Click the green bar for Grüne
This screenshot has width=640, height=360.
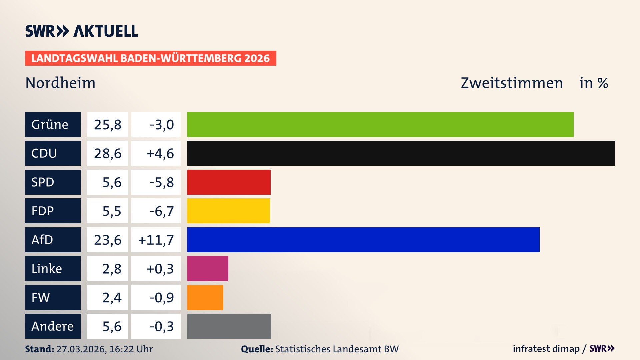click(x=380, y=124)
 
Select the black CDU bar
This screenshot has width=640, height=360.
click(x=401, y=153)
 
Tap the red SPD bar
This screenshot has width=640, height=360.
click(x=229, y=182)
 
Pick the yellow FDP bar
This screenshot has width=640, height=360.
click(x=228, y=211)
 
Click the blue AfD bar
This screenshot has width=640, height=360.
click(x=363, y=240)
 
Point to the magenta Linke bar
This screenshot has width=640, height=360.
click(x=207, y=268)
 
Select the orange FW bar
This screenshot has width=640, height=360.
click(x=205, y=297)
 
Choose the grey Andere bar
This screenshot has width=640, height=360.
click(x=229, y=326)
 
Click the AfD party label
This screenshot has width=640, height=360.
click(x=53, y=240)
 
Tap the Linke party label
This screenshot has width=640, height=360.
click(x=53, y=268)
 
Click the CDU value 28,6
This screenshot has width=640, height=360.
click(x=107, y=153)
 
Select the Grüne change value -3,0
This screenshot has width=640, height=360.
click(x=156, y=124)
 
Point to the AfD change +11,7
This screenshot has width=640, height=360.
click(x=156, y=240)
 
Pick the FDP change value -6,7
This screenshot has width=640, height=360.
click(x=156, y=211)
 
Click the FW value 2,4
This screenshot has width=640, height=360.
click(x=107, y=297)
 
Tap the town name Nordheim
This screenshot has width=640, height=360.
click(x=60, y=83)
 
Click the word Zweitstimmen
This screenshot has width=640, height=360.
click(x=512, y=83)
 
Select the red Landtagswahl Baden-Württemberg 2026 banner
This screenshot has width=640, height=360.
click(x=150, y=58)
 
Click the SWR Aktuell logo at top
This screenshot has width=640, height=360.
click(x=82, y=31)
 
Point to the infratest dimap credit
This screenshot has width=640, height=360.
click(x=546, y=349)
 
